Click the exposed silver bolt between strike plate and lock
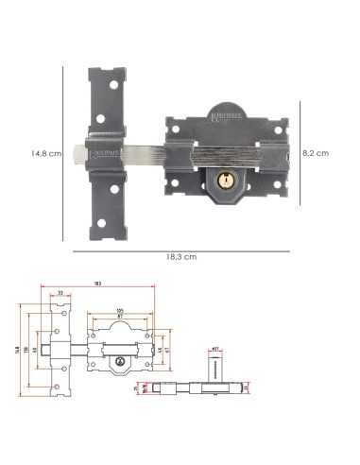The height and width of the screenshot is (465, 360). click(x=142, y=148)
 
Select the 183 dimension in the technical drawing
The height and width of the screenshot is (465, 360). click(x=124, y=284)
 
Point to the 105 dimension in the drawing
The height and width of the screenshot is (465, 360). click(x=120, y=309)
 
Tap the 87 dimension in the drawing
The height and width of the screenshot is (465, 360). click(x=120, y=317)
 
